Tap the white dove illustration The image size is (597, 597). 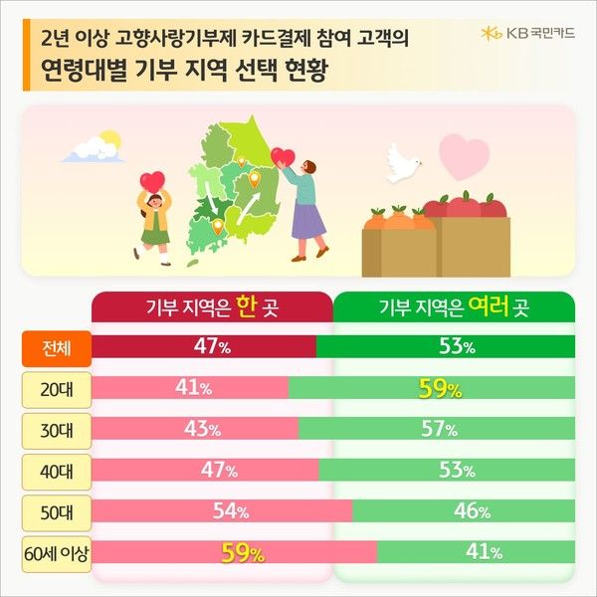pos(404,161)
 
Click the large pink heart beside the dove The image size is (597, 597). pos(465,157)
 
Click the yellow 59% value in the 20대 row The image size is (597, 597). pos(440,389)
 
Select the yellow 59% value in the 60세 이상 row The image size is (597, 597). pos(242,552)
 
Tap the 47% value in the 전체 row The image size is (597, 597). pos(212,346)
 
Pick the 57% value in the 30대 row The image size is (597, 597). pos(437,429)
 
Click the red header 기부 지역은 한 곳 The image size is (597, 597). pos(211,306)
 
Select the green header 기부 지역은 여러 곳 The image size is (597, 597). pos(453,306)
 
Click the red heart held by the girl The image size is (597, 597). pos(152,182)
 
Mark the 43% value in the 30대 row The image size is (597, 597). pos(202,429)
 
